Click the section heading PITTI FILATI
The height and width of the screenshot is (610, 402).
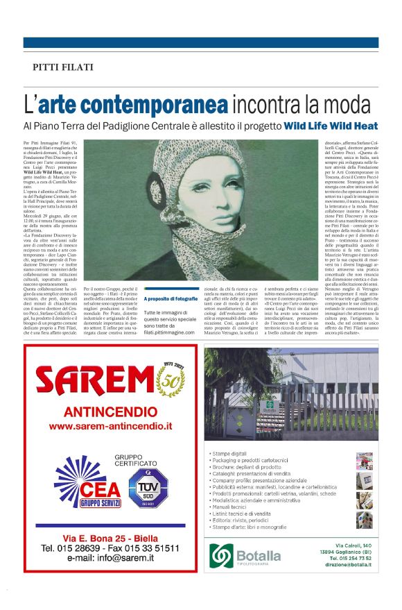(x=63, y=67)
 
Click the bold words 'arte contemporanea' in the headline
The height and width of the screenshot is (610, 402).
(x=133, y=104)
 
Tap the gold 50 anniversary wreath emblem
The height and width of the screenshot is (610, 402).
(x=171, y=378)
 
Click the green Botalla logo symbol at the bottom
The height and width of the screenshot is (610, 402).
(x=223, y=554)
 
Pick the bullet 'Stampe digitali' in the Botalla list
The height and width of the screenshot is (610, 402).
(x=230, y=453)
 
